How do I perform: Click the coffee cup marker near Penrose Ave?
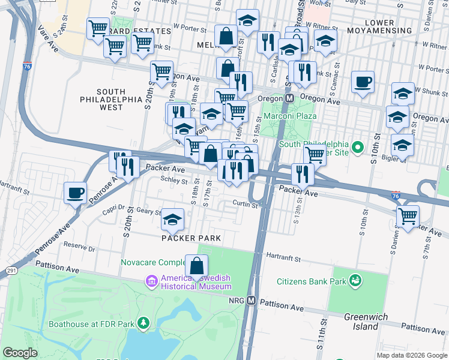(75, 193)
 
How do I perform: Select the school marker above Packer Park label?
(173, 221)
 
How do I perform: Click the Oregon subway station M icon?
(289, 98)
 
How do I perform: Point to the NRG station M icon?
(252, 301)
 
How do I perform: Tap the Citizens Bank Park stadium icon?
(355, 280)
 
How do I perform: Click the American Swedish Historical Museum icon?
(151, 280)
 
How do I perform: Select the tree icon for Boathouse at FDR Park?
(143, 324)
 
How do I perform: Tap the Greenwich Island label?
(361, 322)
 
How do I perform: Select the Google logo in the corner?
(20, 353)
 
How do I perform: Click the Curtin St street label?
(245, 204)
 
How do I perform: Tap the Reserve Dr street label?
(80, 247)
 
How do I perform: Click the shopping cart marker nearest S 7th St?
(408, 216)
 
